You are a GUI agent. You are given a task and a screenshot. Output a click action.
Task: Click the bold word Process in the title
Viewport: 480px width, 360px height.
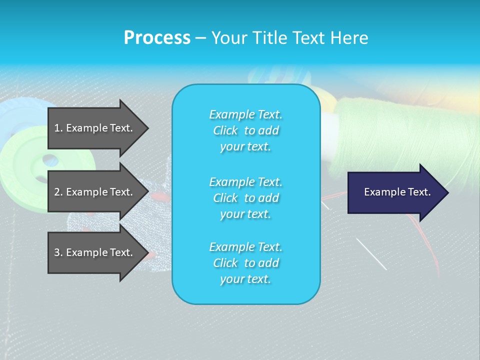coord(157,38)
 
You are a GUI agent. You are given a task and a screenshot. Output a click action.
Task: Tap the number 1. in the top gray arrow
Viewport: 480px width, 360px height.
coord(58,128)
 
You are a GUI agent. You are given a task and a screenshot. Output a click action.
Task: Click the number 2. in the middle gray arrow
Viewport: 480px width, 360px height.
coord(58,192)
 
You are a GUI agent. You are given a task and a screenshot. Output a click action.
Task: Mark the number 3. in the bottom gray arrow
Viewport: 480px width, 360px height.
coord(58,252)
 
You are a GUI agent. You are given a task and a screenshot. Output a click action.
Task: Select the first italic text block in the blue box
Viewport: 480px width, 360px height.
coord(245,130)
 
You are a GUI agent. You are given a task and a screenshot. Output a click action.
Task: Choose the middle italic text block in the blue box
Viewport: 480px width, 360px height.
coord(245,197)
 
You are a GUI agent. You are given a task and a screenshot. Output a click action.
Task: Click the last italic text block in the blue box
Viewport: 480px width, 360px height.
coord(245,263)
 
